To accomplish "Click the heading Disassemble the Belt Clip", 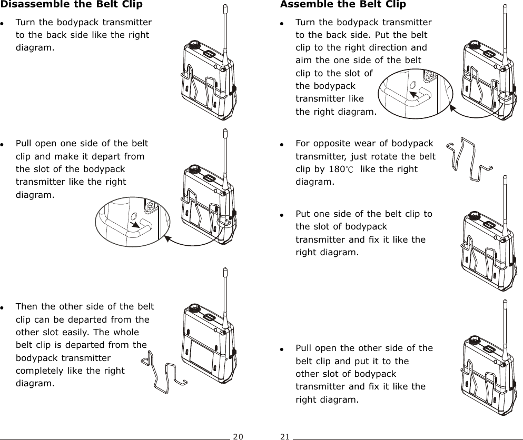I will [71, 5].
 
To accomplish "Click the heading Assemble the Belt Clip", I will [343, 5].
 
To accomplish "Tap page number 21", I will [285, 436].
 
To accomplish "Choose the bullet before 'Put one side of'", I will [283, 214].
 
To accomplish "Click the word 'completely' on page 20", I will [39, 371].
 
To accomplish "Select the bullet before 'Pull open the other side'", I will [283, 348].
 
